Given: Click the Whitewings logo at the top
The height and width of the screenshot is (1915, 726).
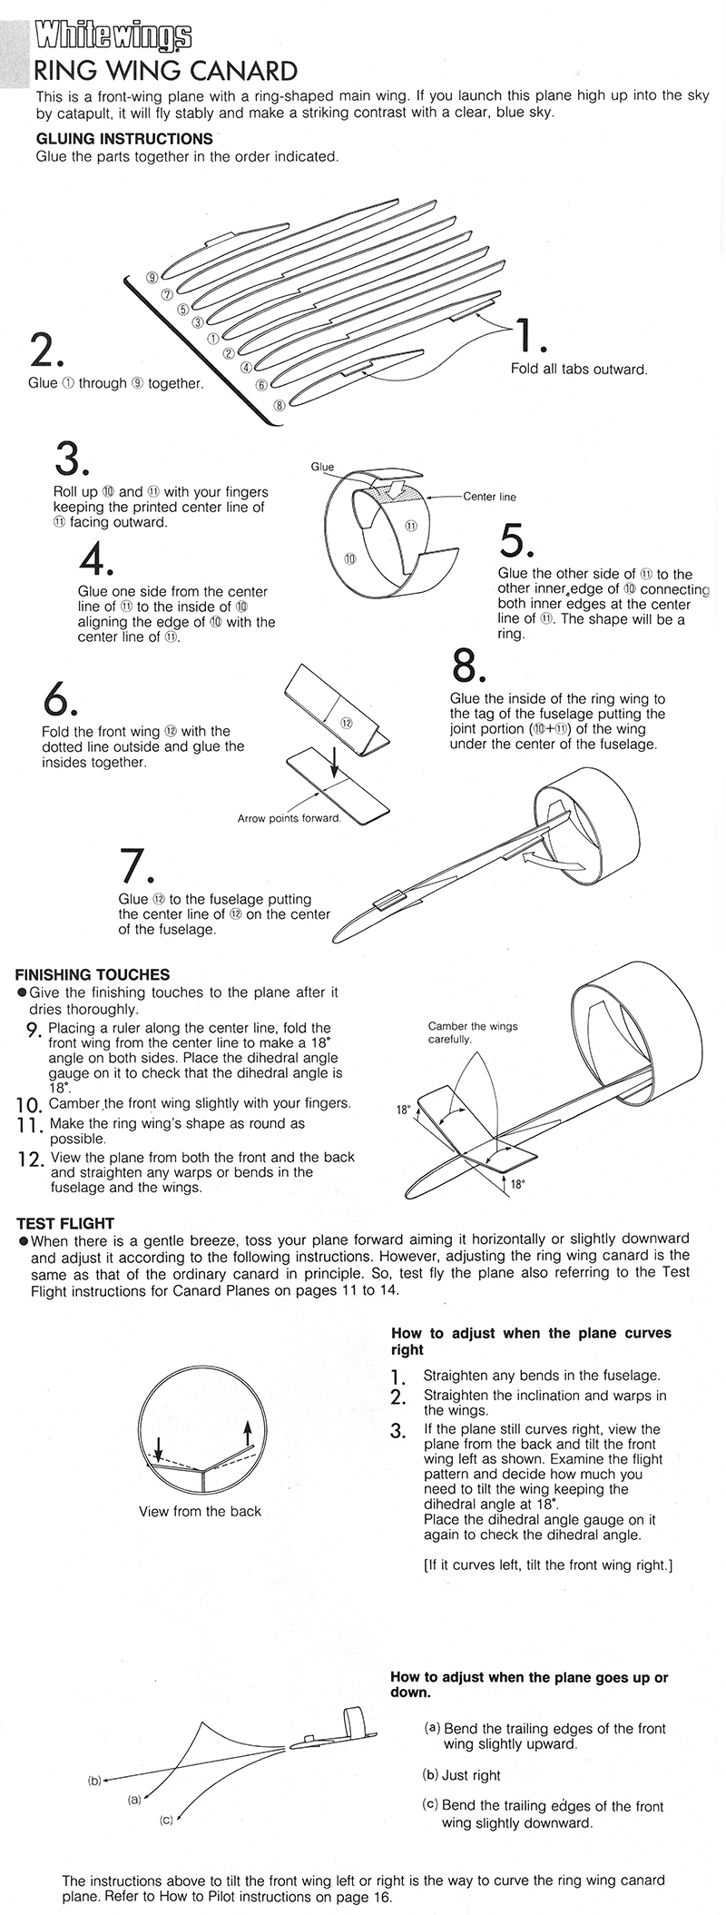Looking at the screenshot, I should tap(113, 37).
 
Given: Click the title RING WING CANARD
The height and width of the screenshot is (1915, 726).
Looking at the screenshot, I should tap(165, 71).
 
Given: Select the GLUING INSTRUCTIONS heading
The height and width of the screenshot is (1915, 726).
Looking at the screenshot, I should tap(124, 139).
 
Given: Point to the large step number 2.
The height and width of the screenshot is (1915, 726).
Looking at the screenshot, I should tap(46, 350).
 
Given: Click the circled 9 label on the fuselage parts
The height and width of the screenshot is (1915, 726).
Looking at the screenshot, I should tap(153, 277).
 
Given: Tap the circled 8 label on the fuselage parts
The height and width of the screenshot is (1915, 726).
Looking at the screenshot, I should tap(280, 405).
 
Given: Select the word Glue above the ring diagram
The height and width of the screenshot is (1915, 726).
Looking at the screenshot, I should tap(322, 467).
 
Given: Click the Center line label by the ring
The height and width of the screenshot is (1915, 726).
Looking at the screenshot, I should tap(489, 497).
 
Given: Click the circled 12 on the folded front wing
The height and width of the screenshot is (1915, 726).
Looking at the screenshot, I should tap(346, 723).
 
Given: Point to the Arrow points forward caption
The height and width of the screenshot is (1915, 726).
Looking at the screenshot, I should tap(289, 818).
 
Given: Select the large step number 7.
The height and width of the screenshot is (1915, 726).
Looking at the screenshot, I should tap(136, 867).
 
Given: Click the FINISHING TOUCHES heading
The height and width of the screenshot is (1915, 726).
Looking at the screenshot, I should tap(93, 974).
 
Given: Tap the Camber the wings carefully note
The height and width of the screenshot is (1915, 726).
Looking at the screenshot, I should tap(472, 1032).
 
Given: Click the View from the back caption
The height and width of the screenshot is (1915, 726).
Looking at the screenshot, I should tap(200, 1511).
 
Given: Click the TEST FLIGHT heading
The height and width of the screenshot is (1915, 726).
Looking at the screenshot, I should tap(65, 1223).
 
